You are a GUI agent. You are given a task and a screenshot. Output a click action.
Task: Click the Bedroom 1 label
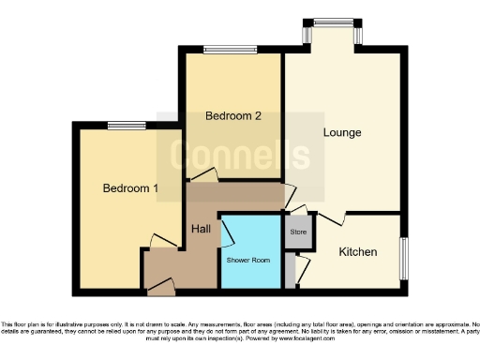129,188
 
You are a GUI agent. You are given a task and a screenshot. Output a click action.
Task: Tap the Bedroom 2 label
232,116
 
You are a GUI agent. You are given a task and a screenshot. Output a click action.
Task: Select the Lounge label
342,132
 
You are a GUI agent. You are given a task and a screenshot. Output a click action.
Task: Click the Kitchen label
357,252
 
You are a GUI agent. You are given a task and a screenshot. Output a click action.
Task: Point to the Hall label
201,229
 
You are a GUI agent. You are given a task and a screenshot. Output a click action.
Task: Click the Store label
298,231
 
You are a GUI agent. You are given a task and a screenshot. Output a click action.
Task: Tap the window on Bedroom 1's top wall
126,126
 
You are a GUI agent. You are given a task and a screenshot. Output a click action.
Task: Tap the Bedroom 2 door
203,175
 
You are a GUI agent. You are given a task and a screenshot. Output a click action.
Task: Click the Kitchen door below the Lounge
334,217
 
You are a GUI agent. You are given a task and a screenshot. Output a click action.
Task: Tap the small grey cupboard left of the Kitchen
292,270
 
